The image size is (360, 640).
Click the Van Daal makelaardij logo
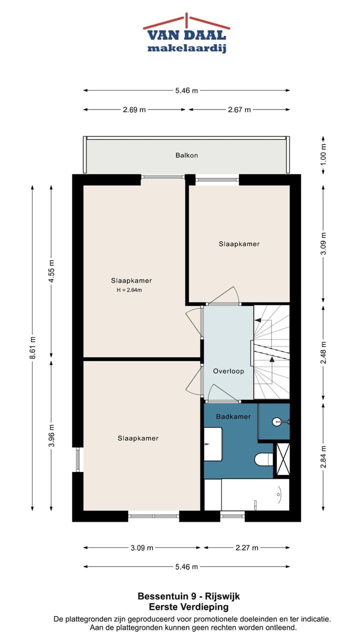[186, 34]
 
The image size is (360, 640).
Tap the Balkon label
[186, 155]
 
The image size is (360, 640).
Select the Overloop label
[228, 371]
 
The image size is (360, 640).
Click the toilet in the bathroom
[263, 458]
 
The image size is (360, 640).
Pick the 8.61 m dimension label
[32, 346]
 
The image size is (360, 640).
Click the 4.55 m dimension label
[51, 271]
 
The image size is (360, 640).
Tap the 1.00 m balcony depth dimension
[323, 154]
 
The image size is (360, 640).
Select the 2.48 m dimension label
[323, 352]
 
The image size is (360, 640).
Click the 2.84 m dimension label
[323, 456]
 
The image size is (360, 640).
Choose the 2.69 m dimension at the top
[134, 109]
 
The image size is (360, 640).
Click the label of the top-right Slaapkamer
[239, 244]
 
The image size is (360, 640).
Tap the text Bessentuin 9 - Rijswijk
[188, 596]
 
